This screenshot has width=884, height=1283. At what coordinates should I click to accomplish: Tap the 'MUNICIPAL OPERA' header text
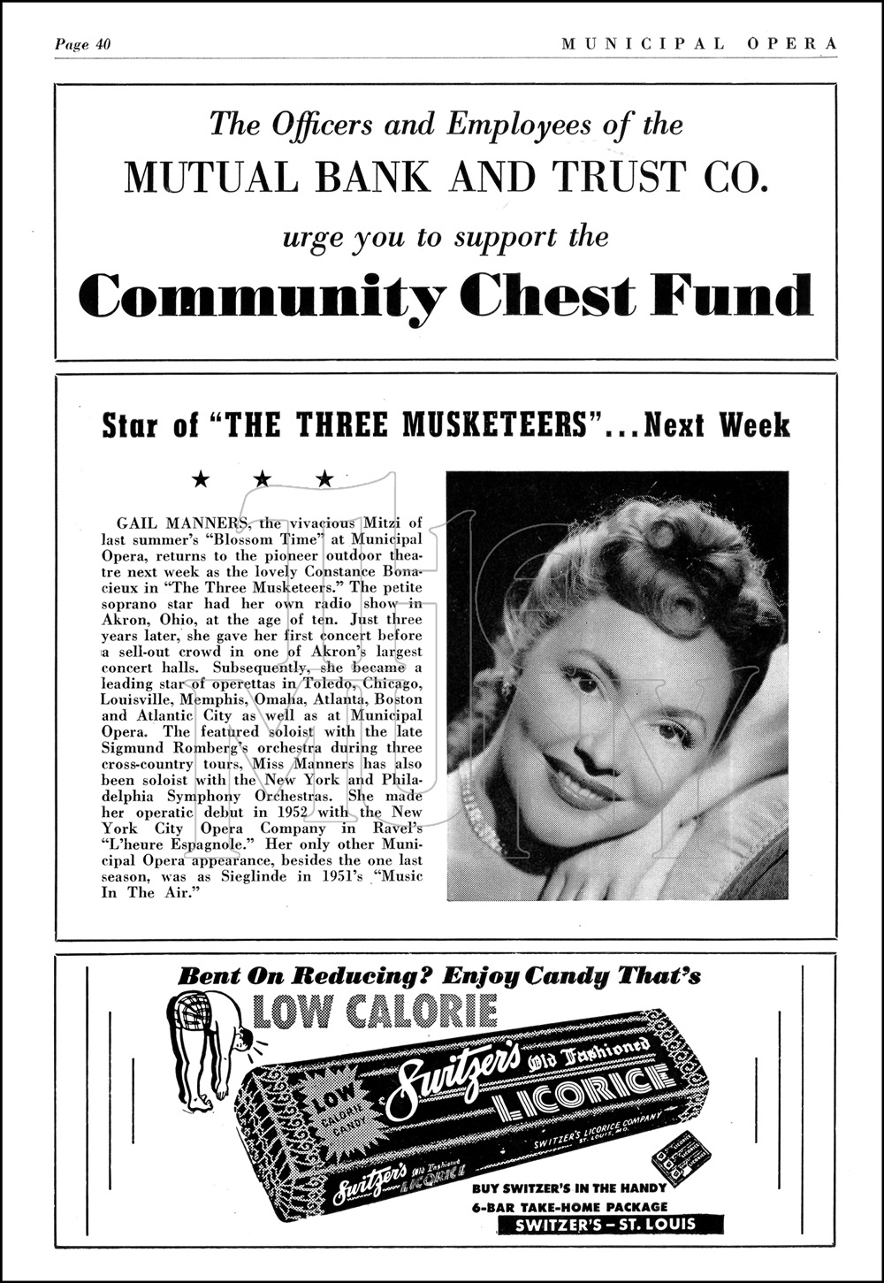tap(698, 43)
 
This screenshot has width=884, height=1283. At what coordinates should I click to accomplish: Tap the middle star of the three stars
tap(263, 479)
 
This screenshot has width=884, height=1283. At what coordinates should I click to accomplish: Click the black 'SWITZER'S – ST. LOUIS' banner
tap(610, 1225)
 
